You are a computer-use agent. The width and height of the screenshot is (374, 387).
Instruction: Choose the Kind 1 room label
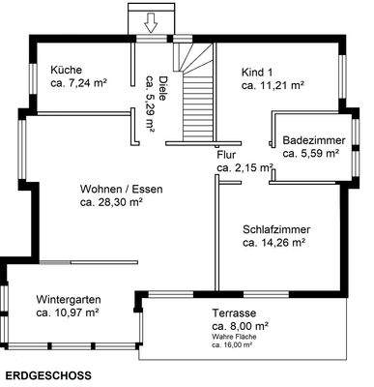(x=258, y=71)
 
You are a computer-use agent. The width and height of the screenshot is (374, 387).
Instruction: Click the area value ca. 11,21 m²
(x=273, y=85)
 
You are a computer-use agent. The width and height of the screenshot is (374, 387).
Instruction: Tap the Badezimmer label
(x=310, y=138)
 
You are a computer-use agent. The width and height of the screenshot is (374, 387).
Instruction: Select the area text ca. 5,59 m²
(x=310, y=153)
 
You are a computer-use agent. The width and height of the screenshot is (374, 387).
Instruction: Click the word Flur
(x=226, y=154)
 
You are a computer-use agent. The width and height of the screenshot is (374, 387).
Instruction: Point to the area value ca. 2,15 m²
(x=245, y=168)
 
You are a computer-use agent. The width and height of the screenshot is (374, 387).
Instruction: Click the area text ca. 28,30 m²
(x=111, y=203)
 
